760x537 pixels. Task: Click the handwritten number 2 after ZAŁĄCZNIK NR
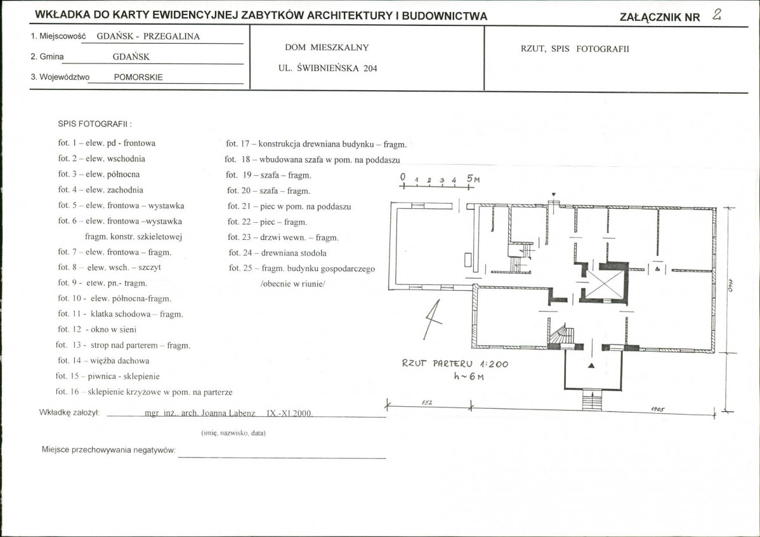click(x=717, y=15)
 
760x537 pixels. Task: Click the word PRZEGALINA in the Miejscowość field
click(x=171, y=36)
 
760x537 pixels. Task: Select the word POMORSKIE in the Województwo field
click(x=138, y=77)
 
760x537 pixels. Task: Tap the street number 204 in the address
click(x=370, y=69)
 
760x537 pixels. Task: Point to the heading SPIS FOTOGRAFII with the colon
click(x=95, y=124)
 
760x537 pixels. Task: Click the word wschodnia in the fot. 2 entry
click(x=126, y=159)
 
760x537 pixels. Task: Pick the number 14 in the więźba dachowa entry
click(x=77, y=361)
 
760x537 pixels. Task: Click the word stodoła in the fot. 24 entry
click(x=315, y=253)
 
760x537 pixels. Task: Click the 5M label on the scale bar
click(x=473, y=178)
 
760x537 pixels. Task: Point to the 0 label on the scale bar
click(x=403, y=178)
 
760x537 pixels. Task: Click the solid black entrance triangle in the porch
click(x=591, y=365)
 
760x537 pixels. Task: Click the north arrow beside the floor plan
click(x=433, y=319)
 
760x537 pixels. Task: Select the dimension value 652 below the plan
click(x=427, y=402)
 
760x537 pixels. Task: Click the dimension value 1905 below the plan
click(x=658, y=409)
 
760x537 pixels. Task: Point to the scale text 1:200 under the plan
click(x=494, y=364)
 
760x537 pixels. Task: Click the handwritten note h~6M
click(x=469, y=376)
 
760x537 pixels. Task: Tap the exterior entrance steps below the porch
click(x=591, y=400)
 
